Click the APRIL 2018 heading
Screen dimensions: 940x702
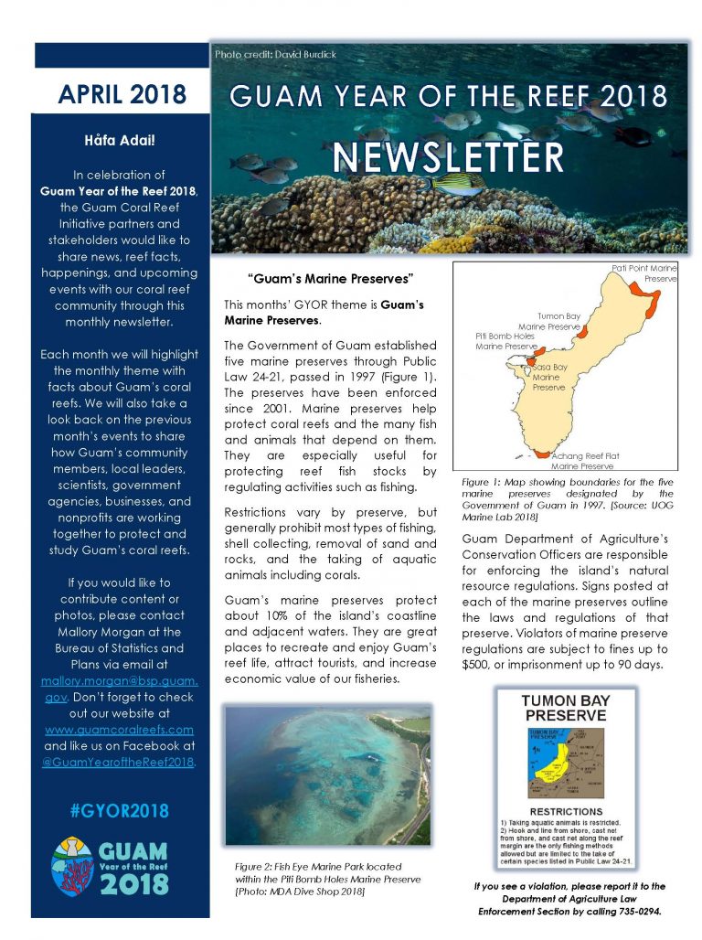coord(122,94)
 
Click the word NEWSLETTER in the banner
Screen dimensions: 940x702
coord(448,156)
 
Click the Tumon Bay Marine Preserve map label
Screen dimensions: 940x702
coord(549,321)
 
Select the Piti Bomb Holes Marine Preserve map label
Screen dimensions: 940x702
coord(505,341)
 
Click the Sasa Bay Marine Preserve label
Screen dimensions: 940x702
coord(549,377)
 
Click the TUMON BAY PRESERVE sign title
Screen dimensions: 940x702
coord(565,708)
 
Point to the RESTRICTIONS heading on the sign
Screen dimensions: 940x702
coord(566,810)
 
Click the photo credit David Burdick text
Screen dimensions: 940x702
coord(275,55)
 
